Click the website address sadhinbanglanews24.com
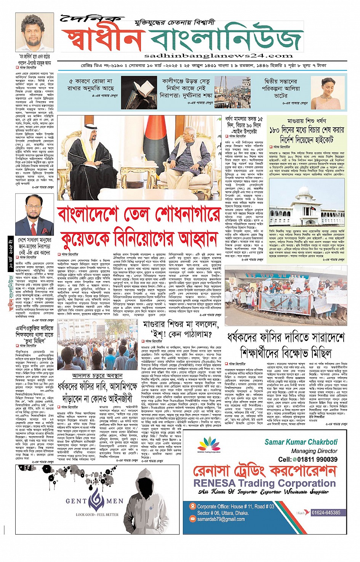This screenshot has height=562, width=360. click(219, 56)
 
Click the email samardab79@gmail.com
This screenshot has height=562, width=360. click(221, 519)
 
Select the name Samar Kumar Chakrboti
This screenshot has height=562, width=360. click(301, 442)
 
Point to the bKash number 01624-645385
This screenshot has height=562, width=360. click(326, 512)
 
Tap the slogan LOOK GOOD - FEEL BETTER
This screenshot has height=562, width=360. click(97, 514)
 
